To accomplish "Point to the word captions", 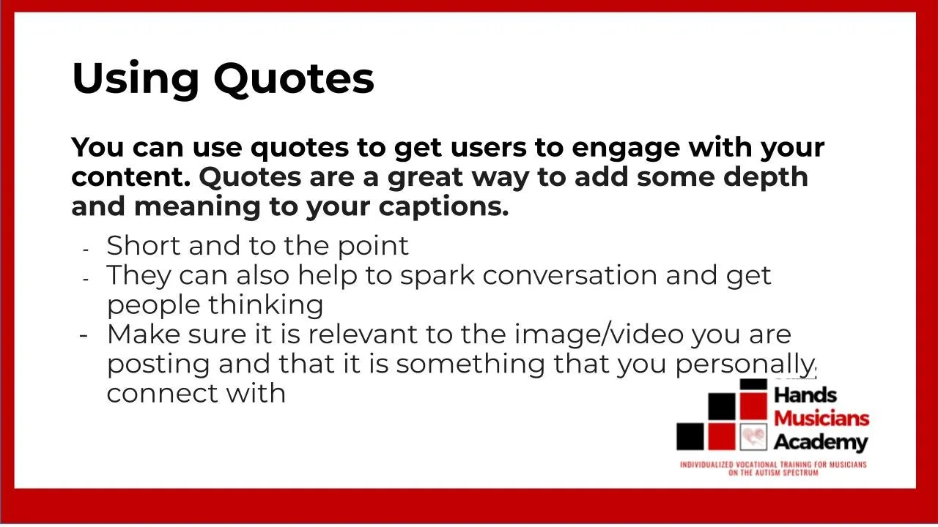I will click(443, 207).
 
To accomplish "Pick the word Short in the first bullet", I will click(144, 245).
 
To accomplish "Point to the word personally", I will click(745, 364).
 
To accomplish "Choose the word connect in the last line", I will click(162, 393).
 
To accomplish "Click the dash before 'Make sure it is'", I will click(84, 334).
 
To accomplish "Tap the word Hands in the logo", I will click(805, 395).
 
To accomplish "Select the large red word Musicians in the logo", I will click(821, 419).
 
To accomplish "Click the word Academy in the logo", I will click(820, 442).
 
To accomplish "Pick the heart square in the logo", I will click(753, 437).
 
